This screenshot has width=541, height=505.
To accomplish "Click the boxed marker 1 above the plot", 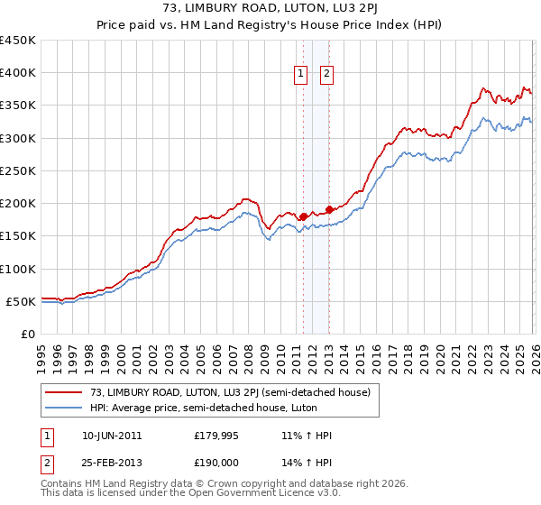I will point(299,75).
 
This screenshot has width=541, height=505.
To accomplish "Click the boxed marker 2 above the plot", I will point(326,75).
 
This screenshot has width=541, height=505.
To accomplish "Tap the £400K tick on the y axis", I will point(17,73).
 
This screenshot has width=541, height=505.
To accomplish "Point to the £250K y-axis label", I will point(17,171).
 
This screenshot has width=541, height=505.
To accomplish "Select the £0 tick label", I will point(27,335).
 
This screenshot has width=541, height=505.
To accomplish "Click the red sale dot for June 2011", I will point(303,216).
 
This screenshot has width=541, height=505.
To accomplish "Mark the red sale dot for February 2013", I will point(330,210).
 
